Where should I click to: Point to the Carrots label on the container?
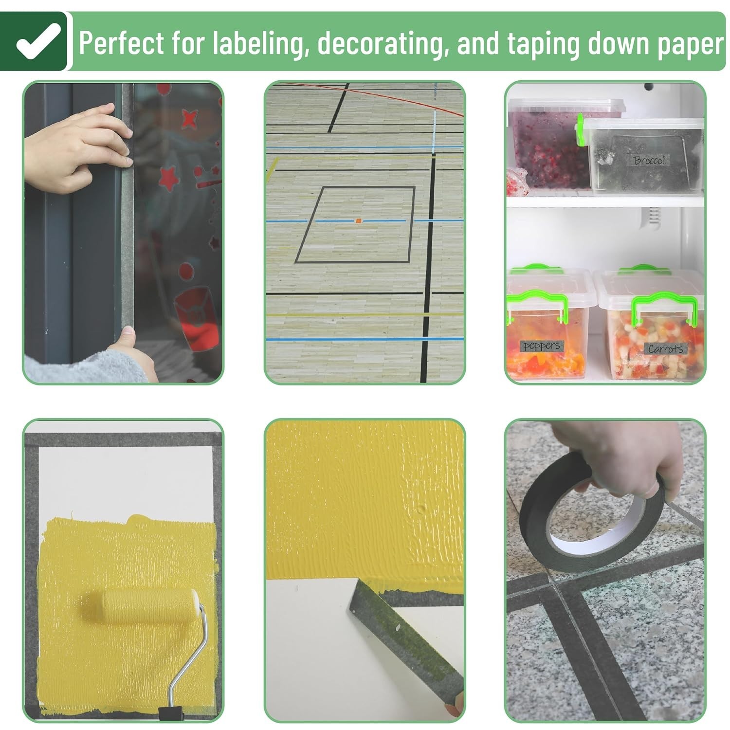(x=665, y=348)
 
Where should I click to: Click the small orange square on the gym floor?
(x=359, y=221)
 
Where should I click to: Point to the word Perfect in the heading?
(x=121, y=43)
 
